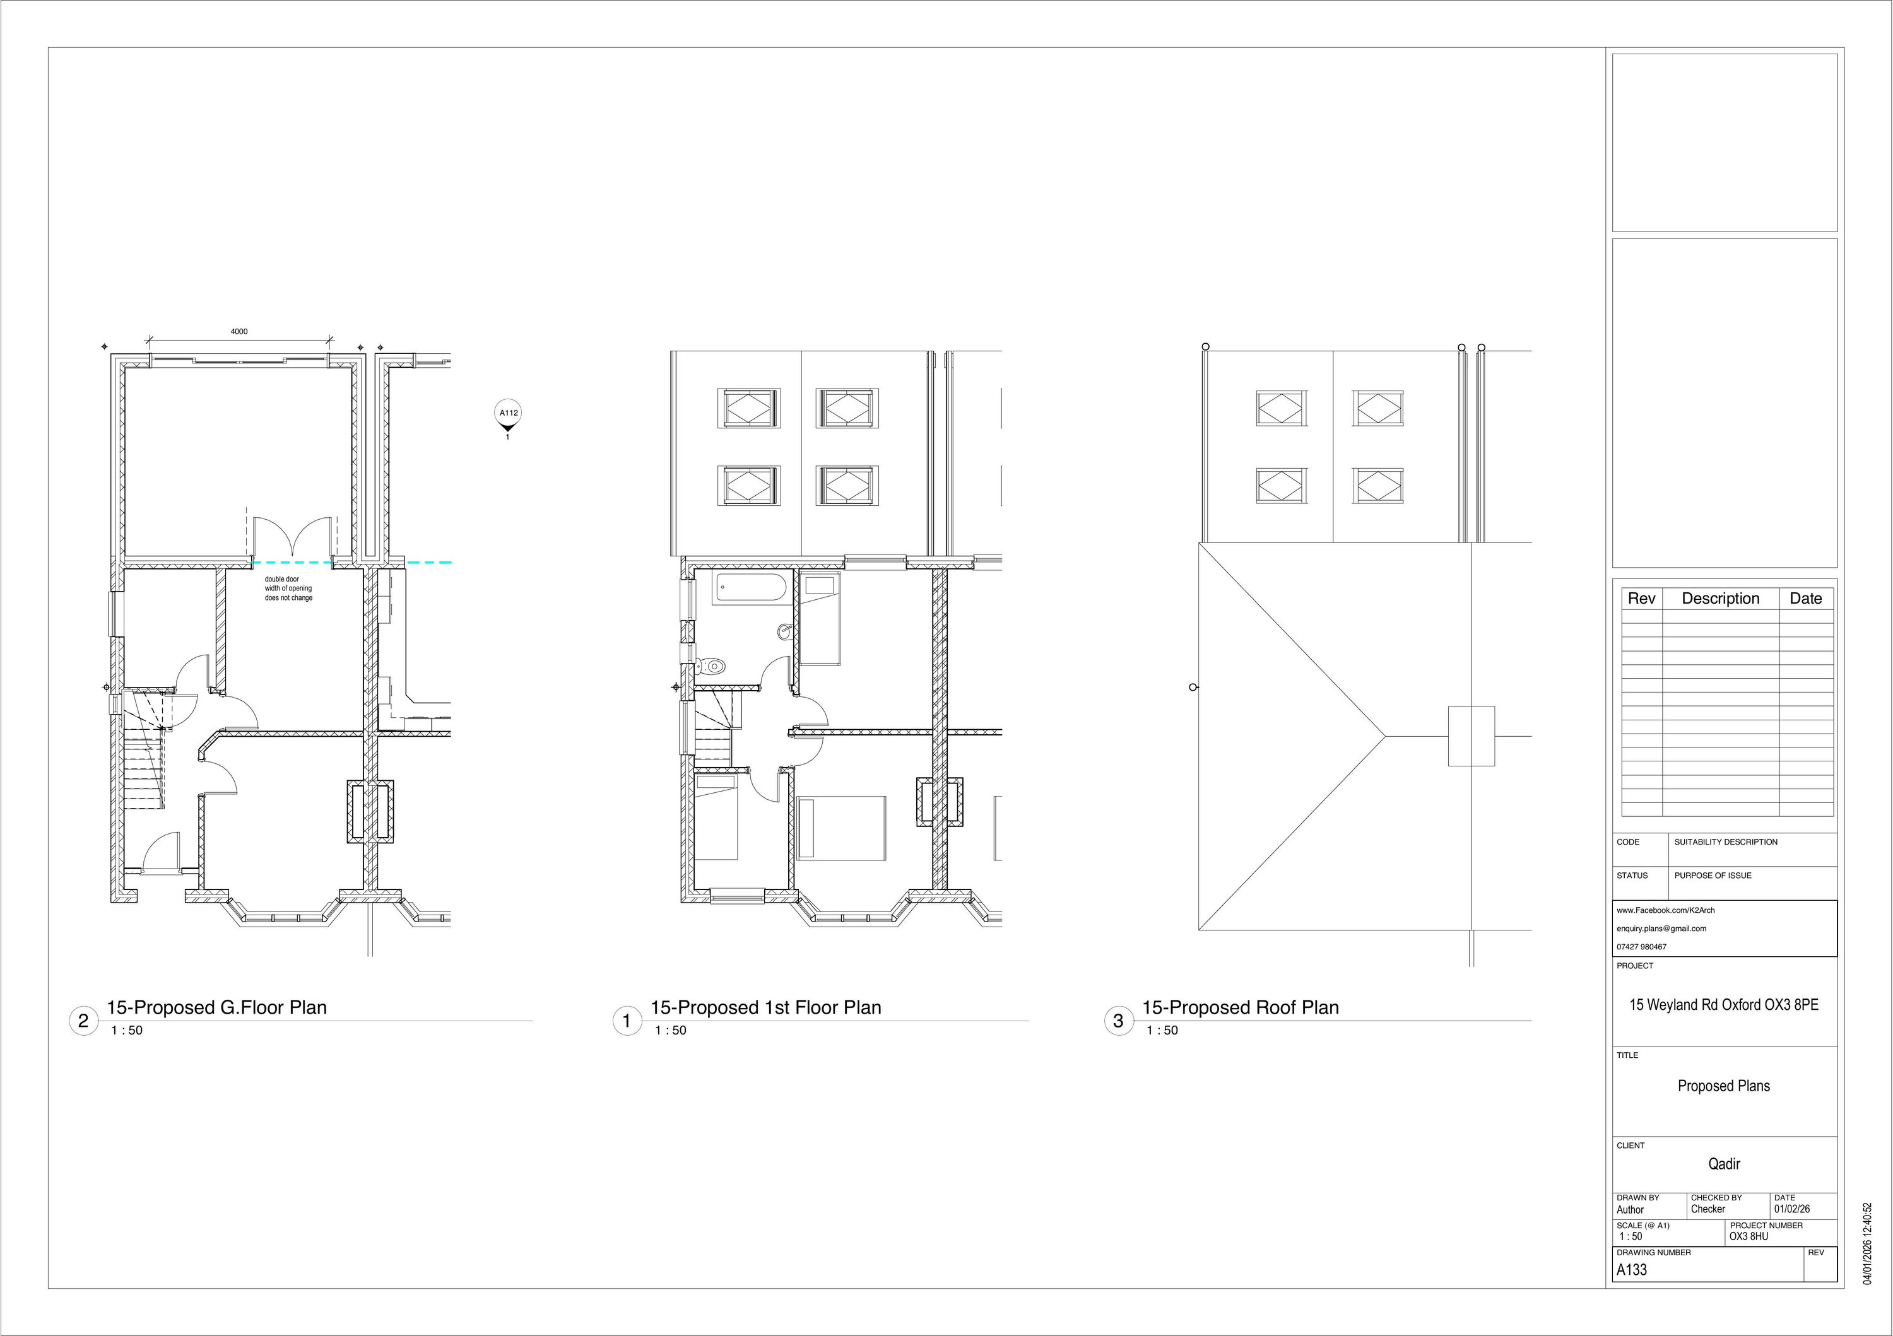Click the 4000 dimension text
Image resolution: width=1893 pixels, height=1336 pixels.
click(239, 331)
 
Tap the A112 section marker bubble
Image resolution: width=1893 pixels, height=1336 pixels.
click(508, 413)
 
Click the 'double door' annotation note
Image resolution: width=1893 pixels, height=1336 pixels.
click(288, 589)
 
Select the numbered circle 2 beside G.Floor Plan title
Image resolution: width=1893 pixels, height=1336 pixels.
click(83, 1021)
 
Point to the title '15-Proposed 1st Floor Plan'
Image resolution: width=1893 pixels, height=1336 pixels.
click(765, 1007)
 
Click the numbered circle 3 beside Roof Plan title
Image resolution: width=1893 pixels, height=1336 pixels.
click(1118, 1021)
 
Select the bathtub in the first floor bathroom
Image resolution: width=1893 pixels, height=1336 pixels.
click(750, 589)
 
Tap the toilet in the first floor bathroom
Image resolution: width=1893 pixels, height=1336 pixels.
click(711, 665)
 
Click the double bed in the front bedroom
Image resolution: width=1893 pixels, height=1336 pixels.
click(841, 828)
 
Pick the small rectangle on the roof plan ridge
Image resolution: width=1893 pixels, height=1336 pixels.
click(1471, 736)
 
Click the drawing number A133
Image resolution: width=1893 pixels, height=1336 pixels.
click(1632, 1270)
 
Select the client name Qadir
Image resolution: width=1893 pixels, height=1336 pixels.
click(1724, 1164)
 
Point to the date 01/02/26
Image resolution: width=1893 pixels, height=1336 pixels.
click(1791, 1209)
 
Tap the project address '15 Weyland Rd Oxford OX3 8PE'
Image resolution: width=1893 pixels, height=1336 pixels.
click(1724, 1005)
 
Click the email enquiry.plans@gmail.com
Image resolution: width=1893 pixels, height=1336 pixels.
click(1661, 928)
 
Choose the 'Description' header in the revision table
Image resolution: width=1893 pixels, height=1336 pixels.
click(1720, 599)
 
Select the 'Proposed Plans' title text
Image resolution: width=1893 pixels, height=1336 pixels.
click(1723, 1086)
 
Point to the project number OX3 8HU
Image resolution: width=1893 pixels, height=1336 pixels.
click(1749, 1236)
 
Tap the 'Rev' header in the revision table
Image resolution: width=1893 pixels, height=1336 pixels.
click(1641, 599)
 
